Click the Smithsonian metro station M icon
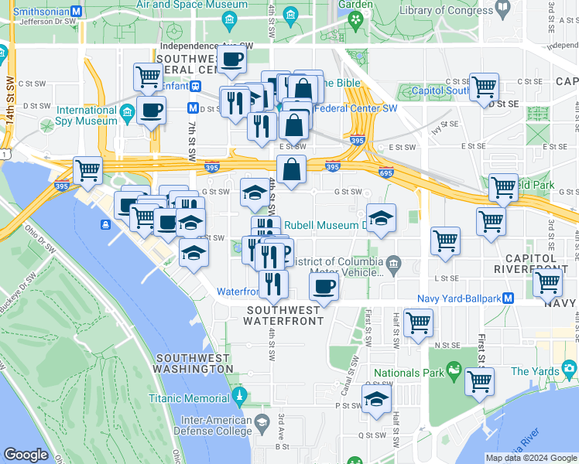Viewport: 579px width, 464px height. (x=76, y=12)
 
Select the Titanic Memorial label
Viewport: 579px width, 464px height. (x=189, y=399)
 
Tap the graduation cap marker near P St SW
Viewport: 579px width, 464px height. (x=376, y=399)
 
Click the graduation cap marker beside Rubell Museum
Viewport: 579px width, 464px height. (x=381, y=218)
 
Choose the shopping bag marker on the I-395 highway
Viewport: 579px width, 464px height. (x=291, y=169)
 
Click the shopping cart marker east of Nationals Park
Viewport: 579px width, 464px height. (x=479, y=381)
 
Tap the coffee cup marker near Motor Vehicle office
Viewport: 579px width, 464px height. (x=324, y=287)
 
